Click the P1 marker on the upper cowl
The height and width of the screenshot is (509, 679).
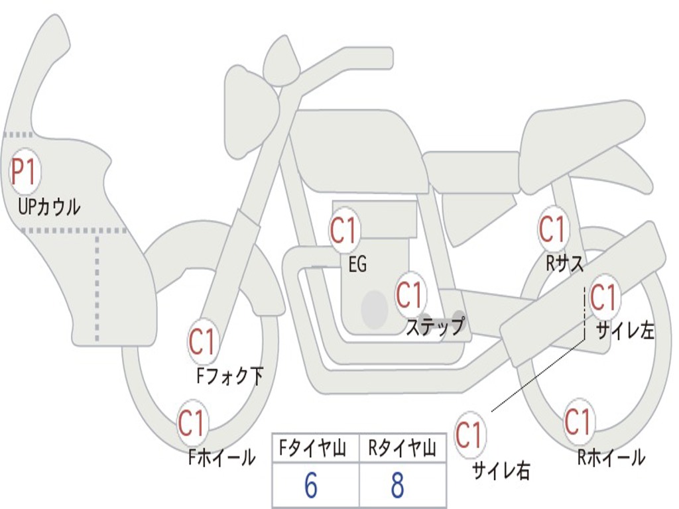pyautogui.click(x=24, y=172)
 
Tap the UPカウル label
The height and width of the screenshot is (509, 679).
pyautogui.click(x=50, y=207)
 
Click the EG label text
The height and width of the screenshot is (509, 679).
pyautogui.click(x=357, y=265)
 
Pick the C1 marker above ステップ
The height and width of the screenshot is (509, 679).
pyautogui.click(x=409, y=295)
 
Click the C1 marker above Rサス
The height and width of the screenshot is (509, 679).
pyautogui.click(x=552, y=229)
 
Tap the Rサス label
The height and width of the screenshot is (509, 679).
pyautogui.click(x=564, y=264)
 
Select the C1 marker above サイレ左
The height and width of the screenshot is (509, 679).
pyautogui.click(x=603, y=297)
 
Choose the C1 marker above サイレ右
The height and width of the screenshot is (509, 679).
pyautogui.click(x=469, y=435)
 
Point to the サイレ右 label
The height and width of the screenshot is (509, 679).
pyautogui.click(x=501, y=471)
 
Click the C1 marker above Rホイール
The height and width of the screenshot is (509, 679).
pyautogui.click(x=578, y=422)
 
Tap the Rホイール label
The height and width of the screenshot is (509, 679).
pyautogui.click(x=611, y=457)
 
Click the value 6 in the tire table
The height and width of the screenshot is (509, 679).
pyautogui.click(x=310, y=486)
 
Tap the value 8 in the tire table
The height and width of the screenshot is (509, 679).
pyautogui.click(x=397, y=486)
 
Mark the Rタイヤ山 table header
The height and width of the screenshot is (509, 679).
pyautogui.click(x=402, y=450)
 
